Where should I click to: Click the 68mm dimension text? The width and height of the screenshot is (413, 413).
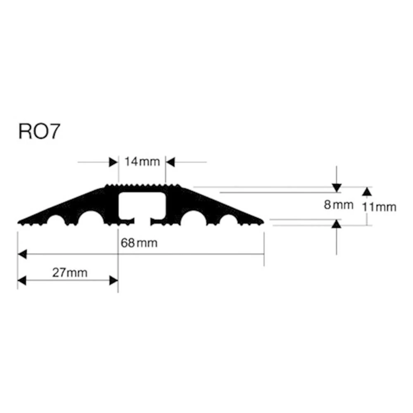(139, 243)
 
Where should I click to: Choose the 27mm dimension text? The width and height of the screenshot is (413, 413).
(71, 273)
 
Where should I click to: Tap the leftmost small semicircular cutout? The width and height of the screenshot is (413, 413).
(56, 221)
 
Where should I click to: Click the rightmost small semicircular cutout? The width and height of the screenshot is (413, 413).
(228, 221)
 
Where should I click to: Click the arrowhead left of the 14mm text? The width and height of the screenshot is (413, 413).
(114, 162)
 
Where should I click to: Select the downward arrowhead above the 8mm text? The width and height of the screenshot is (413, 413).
(337, 188)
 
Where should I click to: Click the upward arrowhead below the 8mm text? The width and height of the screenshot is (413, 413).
(337, 224)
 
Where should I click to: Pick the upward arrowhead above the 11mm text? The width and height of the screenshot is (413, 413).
(366, 191)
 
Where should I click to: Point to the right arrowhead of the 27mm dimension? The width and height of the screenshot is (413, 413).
(114, 281)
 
